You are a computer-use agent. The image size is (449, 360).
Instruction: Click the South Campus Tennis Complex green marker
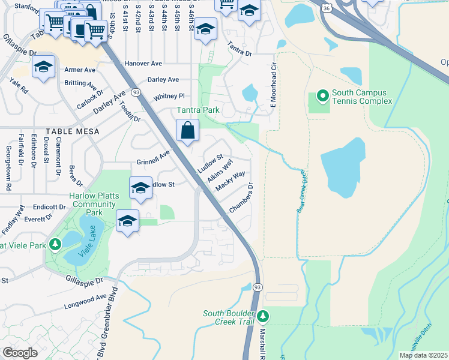pyautogui.click(x=322, y=96)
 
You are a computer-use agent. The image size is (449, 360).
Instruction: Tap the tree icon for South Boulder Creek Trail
pyautogui.click(x=262, y=316)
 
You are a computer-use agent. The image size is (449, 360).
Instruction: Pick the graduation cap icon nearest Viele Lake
pyautogui.click(x=127, y=221)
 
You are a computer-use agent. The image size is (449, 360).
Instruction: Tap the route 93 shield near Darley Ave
pyautogui.click(x=137, y=92)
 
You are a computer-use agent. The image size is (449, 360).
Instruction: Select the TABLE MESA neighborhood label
pyautogui.click(x=24, y=130)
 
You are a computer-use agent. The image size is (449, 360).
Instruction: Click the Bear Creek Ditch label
pyautogui.click(x=301, y=191)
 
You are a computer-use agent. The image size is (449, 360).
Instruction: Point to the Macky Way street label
pyautogui.click(x=231, y=181)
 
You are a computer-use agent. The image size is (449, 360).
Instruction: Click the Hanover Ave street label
pyautogui.click(x=143, y=63)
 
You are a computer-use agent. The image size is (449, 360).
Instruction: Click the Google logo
pyautogui.click(x=20, y=353)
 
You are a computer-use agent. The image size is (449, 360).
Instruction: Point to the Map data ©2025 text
pyautogui.click(x=424, y=355)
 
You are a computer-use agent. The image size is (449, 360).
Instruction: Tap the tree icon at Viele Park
pyautogui.click(x=55, y=244)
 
